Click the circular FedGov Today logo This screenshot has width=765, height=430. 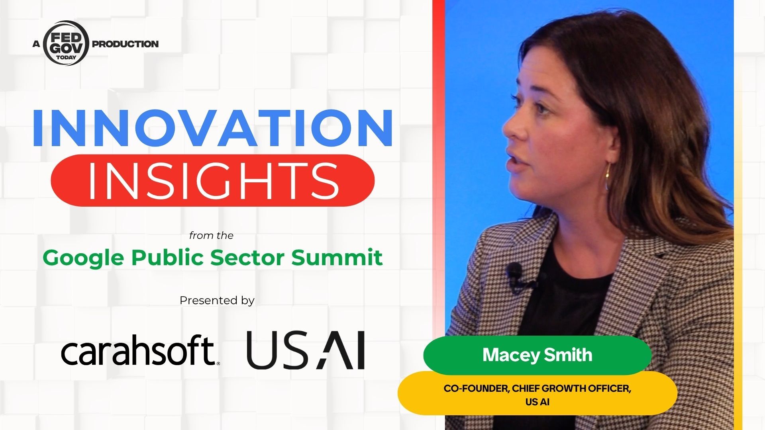[66, 43]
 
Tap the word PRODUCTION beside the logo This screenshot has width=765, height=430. [125, 44]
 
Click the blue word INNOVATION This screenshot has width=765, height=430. [213, 127]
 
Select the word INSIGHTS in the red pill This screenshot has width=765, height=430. [213, 181]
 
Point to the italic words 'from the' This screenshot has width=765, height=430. [211, 236]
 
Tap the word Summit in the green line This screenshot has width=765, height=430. [337, 257]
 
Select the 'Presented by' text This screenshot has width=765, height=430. [217, 300]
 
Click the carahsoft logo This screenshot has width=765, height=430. [140, 350]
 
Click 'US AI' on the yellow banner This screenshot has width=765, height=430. [537, 402]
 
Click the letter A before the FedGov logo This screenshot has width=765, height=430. [37, 44]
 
